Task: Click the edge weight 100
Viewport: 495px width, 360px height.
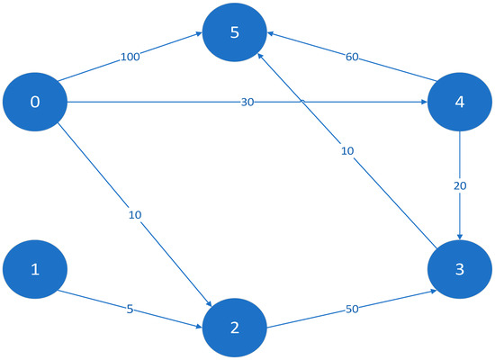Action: point(130,58)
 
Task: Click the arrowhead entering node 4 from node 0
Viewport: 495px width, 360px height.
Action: point(421,102)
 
